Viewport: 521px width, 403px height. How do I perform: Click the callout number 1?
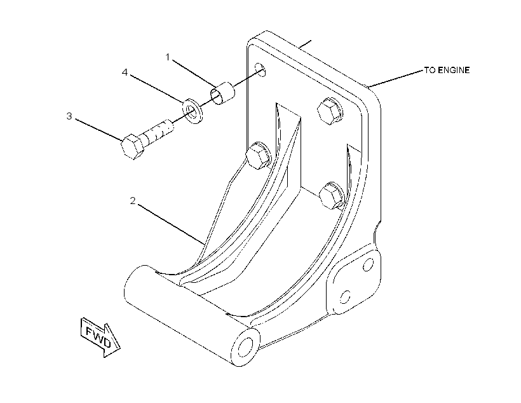pos(168,57)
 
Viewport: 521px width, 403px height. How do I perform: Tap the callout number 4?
pos(125,72)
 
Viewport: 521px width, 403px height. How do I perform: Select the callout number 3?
pos(69,116)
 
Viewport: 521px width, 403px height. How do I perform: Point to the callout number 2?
pos(133,201)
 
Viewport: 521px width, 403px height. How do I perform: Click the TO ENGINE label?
pos(447,70)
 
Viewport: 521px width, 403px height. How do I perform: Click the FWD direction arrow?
pos(100,337)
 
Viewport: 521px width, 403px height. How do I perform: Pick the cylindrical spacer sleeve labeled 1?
pos(222,92)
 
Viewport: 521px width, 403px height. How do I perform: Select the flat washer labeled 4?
pos(193,111)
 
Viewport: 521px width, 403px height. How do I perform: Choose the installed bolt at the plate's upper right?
pos(330,111)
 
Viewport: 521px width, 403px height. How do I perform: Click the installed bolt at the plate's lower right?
pos(331,196)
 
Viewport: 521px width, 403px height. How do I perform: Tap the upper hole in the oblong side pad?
pos(368,264)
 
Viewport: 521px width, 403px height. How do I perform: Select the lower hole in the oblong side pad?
pos(345,296)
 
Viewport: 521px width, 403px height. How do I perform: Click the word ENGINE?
pos(454,70)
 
